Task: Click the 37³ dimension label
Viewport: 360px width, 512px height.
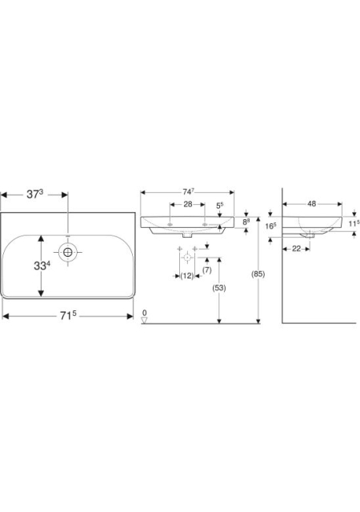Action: pyautogui.click(x=35, y=194)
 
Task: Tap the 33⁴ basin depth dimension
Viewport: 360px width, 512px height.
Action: pyautogui.click(x=42, y=266)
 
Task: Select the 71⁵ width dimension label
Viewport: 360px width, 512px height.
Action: pyautogui.click(x=68, y=315)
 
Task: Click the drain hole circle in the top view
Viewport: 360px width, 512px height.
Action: pyautogui.click(x=68, y=253)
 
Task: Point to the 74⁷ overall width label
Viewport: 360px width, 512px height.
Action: pyautogui.click(x=187, y=192)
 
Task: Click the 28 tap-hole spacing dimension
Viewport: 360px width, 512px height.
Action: pyautogui.click(x=188, y=205)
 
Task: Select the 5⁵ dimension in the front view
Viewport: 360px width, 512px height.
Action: pyautogui.click(x=220, y=206)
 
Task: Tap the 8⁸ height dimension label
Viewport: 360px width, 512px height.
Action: pyautogui.click(x=246, y=222)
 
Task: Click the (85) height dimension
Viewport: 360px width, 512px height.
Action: pyautogui.click(x=258, y=274)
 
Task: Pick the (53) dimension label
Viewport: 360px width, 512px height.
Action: pyautogui.click(x=219, y=288)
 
